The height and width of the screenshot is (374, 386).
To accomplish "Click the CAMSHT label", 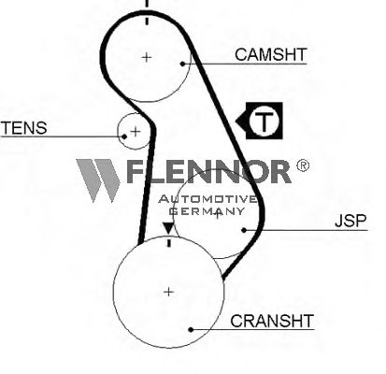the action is [271, 54].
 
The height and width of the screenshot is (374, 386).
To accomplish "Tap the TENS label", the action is [24, 128].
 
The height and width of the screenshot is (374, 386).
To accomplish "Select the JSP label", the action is [350, 221].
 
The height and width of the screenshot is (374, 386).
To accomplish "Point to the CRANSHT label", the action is [272, 321].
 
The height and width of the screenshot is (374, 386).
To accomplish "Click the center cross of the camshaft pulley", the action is [147, 57].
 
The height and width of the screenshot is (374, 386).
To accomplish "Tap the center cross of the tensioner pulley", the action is [136, 132].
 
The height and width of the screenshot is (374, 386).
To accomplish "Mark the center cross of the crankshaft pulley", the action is [168, 292].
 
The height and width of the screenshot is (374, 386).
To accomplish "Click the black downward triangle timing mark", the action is [169, 228].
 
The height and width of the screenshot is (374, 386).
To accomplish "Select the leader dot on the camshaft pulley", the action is [183, 64].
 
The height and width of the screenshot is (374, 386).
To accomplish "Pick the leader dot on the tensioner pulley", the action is [124, 137].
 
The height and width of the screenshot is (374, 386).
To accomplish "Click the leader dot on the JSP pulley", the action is [244, 230].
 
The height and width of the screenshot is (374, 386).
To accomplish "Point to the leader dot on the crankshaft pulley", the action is [192, 329].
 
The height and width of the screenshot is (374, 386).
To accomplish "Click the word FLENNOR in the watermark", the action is [208, 171].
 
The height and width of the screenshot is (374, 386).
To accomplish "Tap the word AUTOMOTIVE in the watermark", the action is [207, 199].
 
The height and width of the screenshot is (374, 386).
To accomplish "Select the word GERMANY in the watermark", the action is [207, 211].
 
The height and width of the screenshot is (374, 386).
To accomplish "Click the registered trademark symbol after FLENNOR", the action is [302, 165].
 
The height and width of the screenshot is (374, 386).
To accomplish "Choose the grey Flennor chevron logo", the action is [98, 180].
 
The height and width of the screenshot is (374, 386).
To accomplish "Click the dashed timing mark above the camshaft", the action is [147, 12].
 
